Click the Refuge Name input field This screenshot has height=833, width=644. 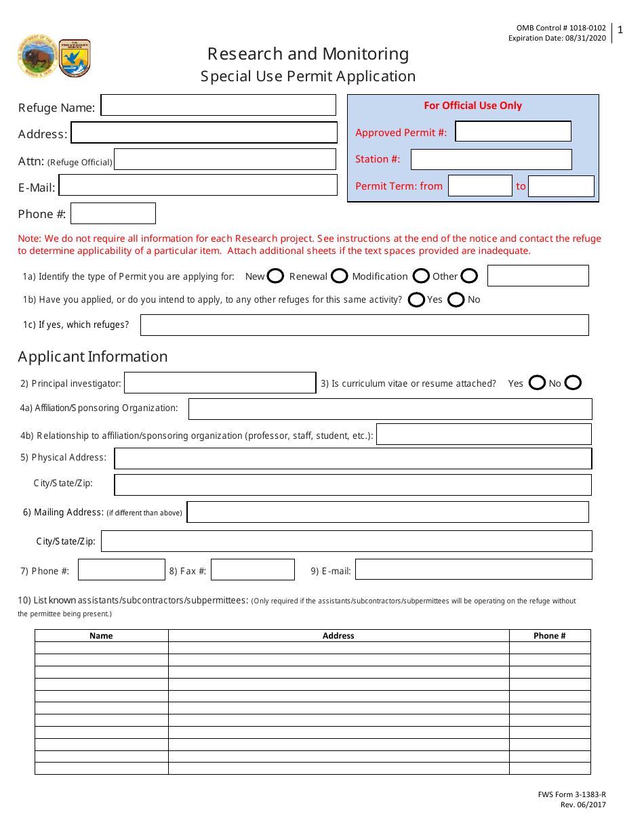tap(218, 106)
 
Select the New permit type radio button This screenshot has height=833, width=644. tap(275, 276)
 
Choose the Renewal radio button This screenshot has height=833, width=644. tap(340, 276)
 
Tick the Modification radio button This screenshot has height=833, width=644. tap(421, 276)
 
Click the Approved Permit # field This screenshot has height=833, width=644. tap(513, 131)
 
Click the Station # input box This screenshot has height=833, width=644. tap(491, 160)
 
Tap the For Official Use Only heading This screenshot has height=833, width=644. tap(472, 106)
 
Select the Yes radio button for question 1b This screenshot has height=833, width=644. tap(417, 299)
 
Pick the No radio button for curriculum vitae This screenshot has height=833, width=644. tap(573, 383)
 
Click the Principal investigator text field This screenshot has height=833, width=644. tap(220, 383)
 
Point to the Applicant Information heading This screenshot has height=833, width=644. tap(93, 357)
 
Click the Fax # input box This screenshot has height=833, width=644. tap(252, 570)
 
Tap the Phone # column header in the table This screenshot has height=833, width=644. tap(549, 636)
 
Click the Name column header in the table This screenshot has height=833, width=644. tap(101, 636)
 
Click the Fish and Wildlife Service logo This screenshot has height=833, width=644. tap(75, 58)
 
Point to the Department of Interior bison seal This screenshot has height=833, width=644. tap(38, 56)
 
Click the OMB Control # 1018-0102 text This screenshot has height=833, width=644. tap(561, 28)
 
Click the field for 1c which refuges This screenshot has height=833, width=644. tap(364, 325)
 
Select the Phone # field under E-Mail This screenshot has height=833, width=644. tap(113, 214)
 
